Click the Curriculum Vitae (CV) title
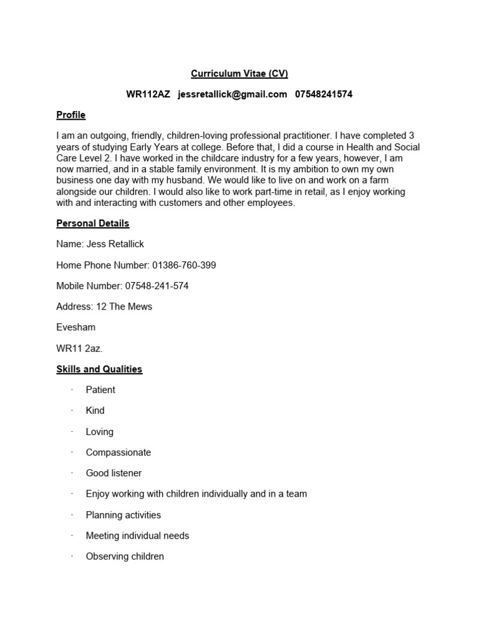pyautogui.click(x=239, y=74)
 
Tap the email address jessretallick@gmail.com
pyautogui.click(x=232, y=94)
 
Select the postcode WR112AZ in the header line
pyautogui.click(x=148, y=94)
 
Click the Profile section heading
pyautogui.click(x=70, y=115)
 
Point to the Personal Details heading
pyautogui.click(x=92, y=223)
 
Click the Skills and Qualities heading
pyautogui.click(x=99, y=369)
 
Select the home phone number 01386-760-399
pyautogui.click(x=184, y=265)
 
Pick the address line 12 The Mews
pyautogui.click(x=124, y=306)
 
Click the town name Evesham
pyautogui.click(x=75, y=328)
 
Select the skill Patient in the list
pyautogui.click(x=100, y=390)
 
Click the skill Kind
pyautogui.click(x=95, y=411)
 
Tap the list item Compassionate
pyautogui.click(x=118, y=452)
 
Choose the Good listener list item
pyautogui.click(x=114, y=473)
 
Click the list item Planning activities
pyautogui.click(x=123, y=515)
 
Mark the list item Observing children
pyautogui.click(x=125, y=556)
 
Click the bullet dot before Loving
pyautogui.click(x=72, y=431)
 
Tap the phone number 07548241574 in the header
pyautogui.click(x=324, y=94)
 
